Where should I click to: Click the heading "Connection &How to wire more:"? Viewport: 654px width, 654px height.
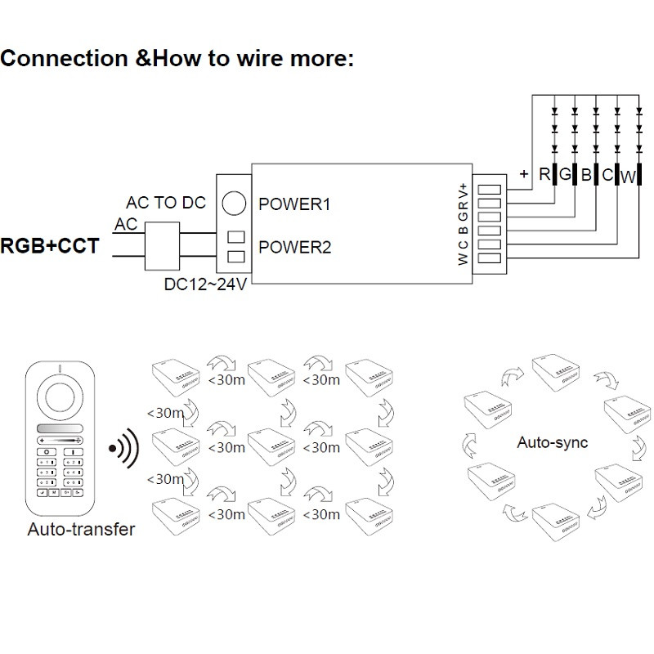point(177,60)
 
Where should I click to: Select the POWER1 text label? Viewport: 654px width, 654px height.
point(294,204)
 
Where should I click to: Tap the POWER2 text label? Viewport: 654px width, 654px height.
point(294,246)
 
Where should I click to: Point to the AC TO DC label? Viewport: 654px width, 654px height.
point(166,203)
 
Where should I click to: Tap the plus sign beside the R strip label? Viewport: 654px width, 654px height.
point(523,173)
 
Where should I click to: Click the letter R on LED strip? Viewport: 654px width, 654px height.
point(544,174)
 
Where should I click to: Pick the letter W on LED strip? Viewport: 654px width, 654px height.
point(628,176)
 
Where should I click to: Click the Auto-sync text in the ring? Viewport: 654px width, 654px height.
point(552,442)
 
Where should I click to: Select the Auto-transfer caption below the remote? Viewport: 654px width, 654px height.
point(81,529)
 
